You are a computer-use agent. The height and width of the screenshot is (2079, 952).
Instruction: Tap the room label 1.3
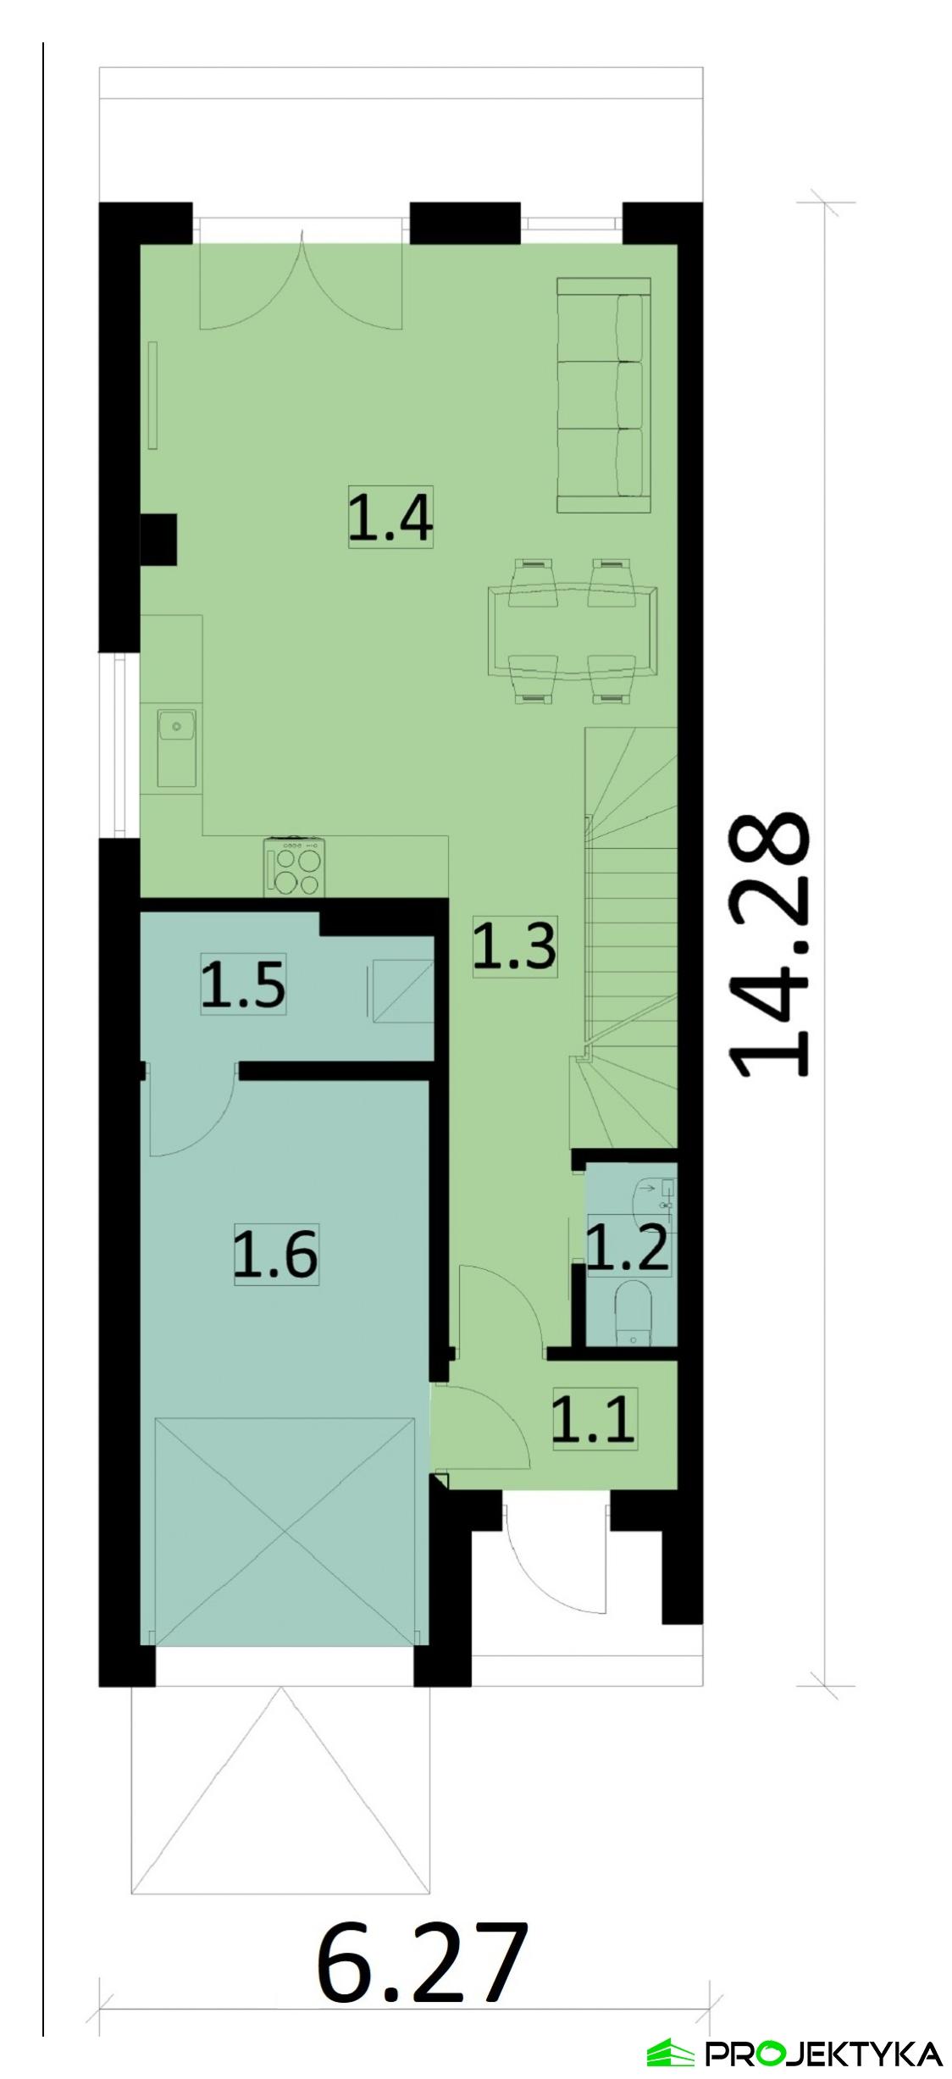point(514,945)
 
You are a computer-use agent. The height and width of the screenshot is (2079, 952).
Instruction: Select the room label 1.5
point(243,983)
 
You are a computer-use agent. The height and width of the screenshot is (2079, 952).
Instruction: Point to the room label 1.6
point(276,1255)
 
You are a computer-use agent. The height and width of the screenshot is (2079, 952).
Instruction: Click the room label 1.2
point(628,1248)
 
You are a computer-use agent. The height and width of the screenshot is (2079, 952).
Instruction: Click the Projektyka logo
point(794,2054)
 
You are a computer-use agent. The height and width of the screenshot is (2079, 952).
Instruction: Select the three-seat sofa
point(604,395)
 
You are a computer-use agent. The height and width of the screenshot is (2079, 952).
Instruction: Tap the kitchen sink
point(176,748)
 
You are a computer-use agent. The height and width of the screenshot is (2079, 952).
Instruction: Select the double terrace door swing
point(301,284)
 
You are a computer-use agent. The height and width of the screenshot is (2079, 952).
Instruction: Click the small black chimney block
point(158,539)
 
